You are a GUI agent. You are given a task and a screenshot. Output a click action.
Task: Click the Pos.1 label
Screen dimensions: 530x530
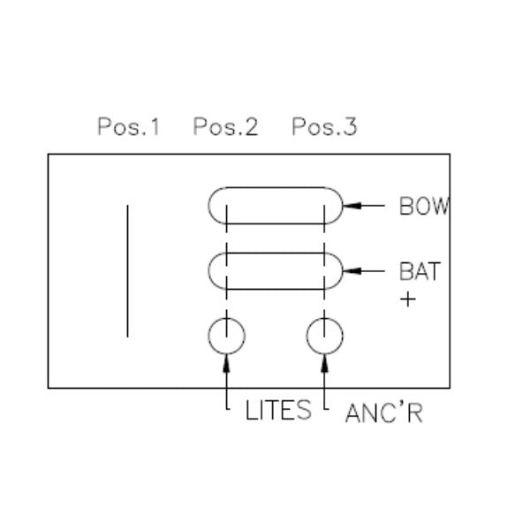128,126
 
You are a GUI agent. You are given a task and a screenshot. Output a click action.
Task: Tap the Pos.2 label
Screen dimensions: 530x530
225,126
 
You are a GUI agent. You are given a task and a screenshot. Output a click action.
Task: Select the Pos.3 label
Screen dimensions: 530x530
324,126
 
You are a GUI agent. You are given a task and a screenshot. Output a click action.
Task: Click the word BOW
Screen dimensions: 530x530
424,206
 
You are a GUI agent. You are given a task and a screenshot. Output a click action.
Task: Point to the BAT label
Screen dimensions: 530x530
420,271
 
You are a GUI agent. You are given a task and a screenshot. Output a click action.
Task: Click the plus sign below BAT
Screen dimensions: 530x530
408,299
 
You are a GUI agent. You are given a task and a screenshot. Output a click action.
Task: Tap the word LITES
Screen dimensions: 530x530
278,411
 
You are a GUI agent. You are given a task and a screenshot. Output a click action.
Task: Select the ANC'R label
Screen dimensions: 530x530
384,413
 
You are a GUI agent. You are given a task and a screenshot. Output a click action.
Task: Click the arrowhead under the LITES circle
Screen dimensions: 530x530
226,363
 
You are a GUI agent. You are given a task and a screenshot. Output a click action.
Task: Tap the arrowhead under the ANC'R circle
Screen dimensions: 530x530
324,363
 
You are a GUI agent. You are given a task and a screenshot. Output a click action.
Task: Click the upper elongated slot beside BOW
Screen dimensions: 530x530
276,187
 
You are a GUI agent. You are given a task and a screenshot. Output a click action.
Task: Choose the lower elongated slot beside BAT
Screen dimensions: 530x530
276,253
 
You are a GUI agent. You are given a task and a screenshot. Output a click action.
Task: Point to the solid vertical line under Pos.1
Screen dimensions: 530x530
127,271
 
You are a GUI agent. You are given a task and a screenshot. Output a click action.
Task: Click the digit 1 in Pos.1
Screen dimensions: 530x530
155,126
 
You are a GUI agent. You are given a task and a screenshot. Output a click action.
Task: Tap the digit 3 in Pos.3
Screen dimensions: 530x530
351,126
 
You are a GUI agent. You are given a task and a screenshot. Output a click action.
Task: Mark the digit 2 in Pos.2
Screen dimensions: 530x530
252,126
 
